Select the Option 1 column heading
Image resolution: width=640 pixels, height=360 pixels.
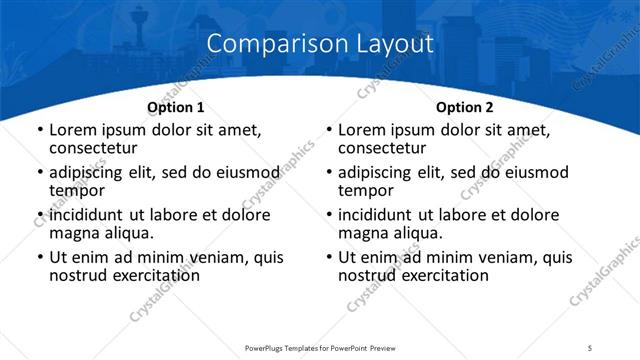pyautogui.click(x=176, y=107)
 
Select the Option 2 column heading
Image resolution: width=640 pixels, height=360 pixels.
pyautogui.click(x=464, y=107)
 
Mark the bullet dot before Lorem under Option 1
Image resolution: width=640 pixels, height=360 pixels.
pyautogui.click(x=39, y=130)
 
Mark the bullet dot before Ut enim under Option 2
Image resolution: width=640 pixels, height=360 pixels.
pyautogui.click(x=328, y=257)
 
